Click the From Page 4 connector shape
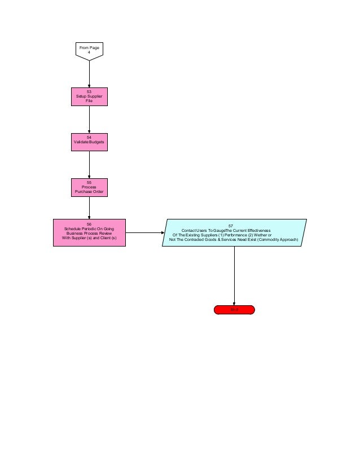(x=89, y=50)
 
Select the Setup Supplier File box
(x=89, y=96)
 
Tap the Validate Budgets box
(x=89, y=142)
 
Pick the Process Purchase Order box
(x=89, y=188)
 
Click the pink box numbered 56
(x=89, y=232)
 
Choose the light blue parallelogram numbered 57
(x=234, y=232)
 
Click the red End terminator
(x=234, y=310)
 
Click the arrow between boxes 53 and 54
(x=89, y=119)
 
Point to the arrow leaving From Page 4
(x=89, y=73)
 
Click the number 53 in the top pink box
(x=89, y=91)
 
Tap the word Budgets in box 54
(x=96, y=142)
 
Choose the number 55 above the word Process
(x=89, y=182)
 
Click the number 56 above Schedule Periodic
(x=89, y=224)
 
